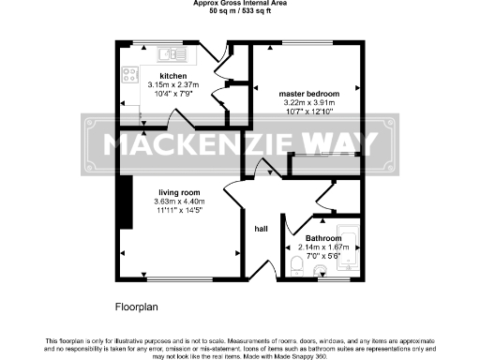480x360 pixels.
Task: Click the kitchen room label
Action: (x=172, y=76)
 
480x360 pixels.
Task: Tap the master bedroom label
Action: (x=307, y=94)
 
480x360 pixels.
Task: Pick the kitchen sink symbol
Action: (x=171, y=52)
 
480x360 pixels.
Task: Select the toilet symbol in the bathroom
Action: (x=294, y=267)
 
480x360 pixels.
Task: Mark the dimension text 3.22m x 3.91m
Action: (x=308, y=103)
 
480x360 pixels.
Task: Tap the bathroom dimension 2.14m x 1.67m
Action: (x=322, y=247)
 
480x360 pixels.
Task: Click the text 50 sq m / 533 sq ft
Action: (x=239, y=13)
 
